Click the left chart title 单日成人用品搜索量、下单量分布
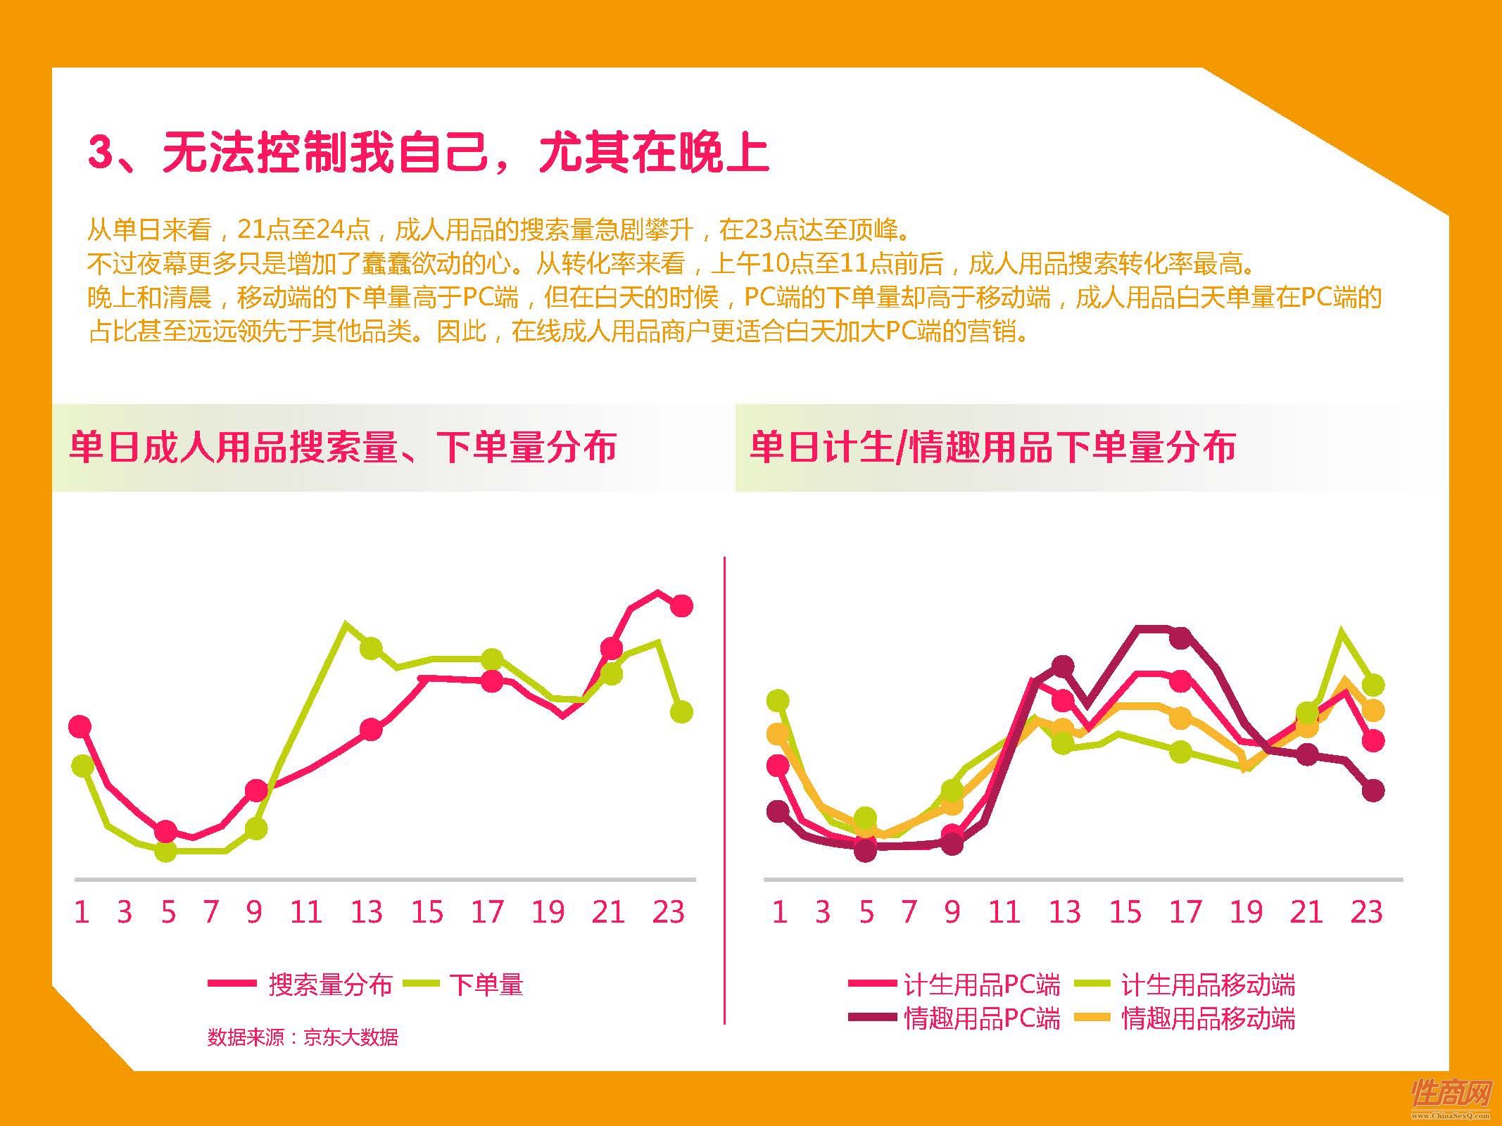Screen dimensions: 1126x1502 click(x=343, y=447)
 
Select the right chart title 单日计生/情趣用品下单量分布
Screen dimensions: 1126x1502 click(x=992, y=447)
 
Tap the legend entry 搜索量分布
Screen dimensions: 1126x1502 click(x=329, y=985)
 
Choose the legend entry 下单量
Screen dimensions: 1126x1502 click(x=486, y=985)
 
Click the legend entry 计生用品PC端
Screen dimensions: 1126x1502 click(x=981, y=985)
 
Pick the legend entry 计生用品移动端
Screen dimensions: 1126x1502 click(x=1207, y=985)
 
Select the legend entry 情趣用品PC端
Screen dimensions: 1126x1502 click(x=981, y=1018)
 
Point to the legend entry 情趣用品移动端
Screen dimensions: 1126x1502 click(x=1207, y=1018)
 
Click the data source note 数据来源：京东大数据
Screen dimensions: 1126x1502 click(x=303, y=1037)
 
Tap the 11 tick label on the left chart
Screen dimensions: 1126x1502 click(x=306, y=912)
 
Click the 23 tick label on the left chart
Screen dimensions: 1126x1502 click(x=668, y=912)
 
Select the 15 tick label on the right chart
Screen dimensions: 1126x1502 click(x=1125, y=912)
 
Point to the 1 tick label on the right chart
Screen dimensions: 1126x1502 click(x=779, y=912)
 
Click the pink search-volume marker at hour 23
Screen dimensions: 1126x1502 click(x=681, y=605)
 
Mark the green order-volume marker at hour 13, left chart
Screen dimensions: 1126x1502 click(x=371, y=648)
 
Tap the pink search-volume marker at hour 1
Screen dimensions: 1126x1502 click(x=81, y=726)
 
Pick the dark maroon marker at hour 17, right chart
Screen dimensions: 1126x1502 click(x=1181, y=638)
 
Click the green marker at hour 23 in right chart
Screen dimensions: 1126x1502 click(x=1373, y=684)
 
